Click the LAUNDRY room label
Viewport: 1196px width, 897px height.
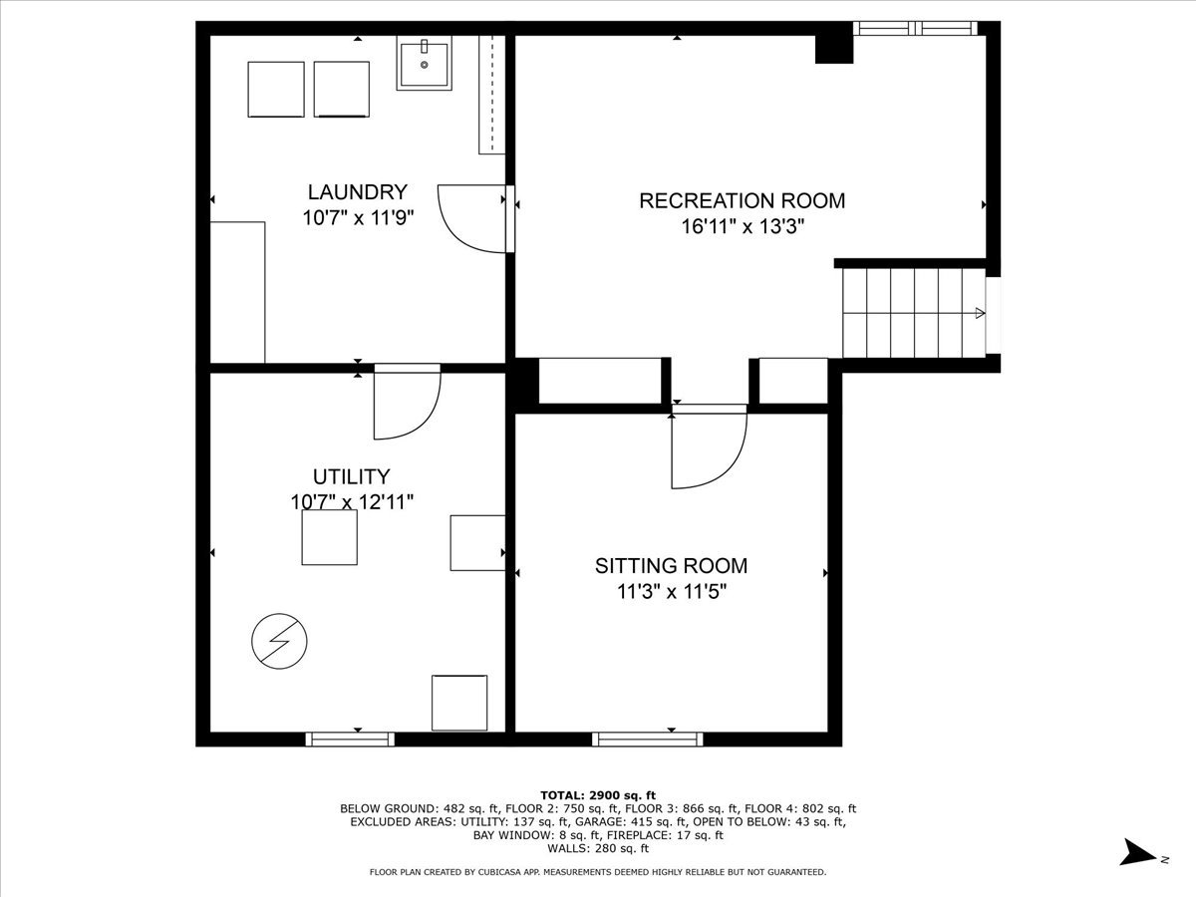(x=358, y=192)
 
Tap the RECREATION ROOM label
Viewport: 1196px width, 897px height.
(x=743, y=201)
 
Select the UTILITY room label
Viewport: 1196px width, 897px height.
(x=352, y=477)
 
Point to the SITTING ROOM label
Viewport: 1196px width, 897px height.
(x=672, y=566)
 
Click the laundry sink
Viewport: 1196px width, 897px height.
(x=424, y=63)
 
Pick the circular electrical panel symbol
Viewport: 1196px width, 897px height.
(x=279, y=641)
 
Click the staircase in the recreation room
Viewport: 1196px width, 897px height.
(x=914, y=313)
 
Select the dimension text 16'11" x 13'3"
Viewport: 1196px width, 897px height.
(x=743, y=226)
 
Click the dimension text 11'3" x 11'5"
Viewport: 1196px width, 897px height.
(x=672, y=591)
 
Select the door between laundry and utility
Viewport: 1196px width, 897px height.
(x=407, y=402)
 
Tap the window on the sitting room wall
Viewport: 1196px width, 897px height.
(x=647, y=740)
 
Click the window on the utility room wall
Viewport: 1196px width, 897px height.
(x=350, y=740)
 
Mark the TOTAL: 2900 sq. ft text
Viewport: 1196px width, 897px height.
(x=598, y=795)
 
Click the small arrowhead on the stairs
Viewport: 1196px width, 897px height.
(x=980, y=313)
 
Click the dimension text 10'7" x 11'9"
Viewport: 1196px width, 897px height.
(x=358, y=218)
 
